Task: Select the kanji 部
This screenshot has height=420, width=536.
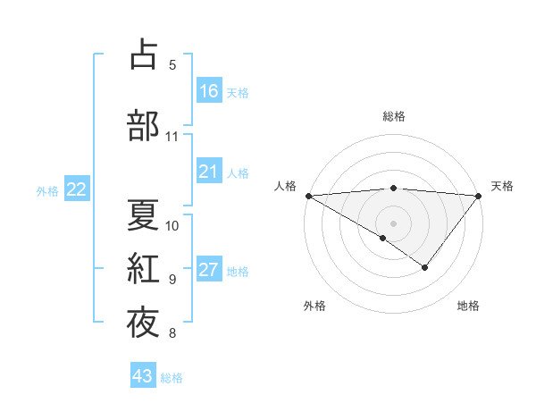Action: tap(143, 125)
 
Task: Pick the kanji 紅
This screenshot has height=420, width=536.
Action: tap(143, 268)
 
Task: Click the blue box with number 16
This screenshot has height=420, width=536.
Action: tap(209, 90)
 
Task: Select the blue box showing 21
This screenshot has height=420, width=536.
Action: tap(209, 172)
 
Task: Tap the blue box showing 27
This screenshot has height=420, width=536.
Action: tap(209, 271)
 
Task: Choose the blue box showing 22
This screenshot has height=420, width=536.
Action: tap(77, 189)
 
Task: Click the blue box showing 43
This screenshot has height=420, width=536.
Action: tap(142, 376)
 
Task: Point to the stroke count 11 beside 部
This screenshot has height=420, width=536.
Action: tap(172, 137)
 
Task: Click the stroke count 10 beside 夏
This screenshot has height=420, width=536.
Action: tap(172, 225)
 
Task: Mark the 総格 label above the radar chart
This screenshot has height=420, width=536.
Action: tap(394, 116)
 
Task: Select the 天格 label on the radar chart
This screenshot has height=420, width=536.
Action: tap(502, 186)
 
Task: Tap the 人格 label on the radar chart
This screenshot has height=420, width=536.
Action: tap(285, 186)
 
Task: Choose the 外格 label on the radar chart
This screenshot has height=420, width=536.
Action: tap(314, 306)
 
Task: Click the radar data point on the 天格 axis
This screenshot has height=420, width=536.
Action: tap(479, 196)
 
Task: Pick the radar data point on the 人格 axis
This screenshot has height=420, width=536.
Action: tap(308, 196)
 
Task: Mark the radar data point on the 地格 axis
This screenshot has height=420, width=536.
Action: tap(425, 267)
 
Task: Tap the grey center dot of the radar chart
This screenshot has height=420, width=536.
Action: tap(393, 223)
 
